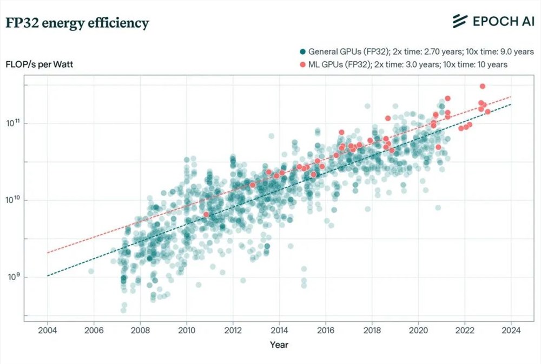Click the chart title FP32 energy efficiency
coord(77,23)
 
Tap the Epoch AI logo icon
coord(459,21)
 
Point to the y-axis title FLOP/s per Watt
coord(39,64)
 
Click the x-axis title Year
coord(279,344)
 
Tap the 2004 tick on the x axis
coord(48,329)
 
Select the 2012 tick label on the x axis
coord(233,329)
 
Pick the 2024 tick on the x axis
coord(511,329)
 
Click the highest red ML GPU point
coord(483,86)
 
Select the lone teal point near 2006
coord(91,271)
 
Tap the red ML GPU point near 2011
coord(206,214)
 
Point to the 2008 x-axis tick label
coord(140,329)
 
